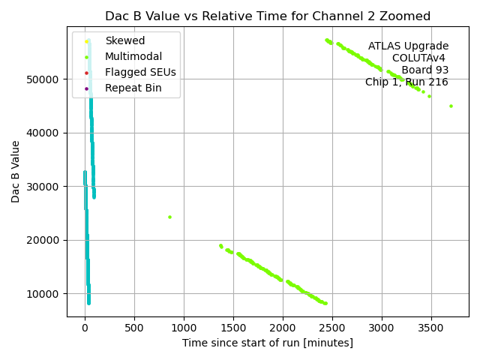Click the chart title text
267,16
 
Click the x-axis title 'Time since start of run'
267,343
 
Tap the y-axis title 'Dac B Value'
16,171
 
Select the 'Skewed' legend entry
124,40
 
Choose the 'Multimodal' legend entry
133,56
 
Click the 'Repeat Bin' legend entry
133,88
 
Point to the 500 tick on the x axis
134,327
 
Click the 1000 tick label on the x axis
184,327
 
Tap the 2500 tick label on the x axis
332,327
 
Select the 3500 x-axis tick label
431,327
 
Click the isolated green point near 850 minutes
169,217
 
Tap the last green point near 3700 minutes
451,106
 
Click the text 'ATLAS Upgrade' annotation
408,46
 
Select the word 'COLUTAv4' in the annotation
420,58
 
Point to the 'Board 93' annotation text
424,70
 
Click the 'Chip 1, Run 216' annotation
406,82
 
